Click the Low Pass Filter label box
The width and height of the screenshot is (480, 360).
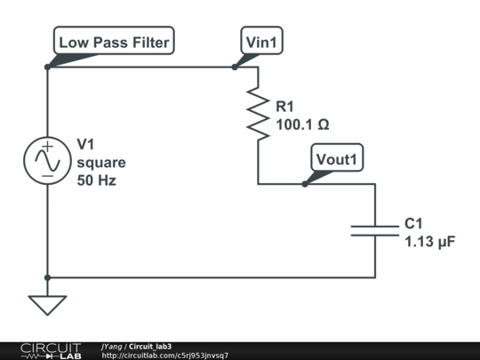coord(113,42)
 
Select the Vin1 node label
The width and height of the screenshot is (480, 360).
coord(264,42)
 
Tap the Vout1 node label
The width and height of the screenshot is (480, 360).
coord(337,159)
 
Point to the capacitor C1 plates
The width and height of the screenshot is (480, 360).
coord(375,230)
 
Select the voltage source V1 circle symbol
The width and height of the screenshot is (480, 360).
coord(46,160)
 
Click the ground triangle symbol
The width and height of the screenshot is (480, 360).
coord(46,305)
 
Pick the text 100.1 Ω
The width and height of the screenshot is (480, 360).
coord(302,125)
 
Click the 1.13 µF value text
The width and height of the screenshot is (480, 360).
coord(429,241)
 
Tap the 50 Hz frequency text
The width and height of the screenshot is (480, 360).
coord(96,180)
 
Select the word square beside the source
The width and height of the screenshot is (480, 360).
coord(100,163)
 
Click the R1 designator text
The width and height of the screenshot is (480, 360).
coord(287,108)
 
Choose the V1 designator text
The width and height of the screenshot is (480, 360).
coord(87,145)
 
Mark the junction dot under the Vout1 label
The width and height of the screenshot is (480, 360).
coord(305,184)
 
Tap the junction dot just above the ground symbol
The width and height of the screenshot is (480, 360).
coord(46,277)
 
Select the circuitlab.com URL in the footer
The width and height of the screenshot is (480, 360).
coord(164,356)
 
